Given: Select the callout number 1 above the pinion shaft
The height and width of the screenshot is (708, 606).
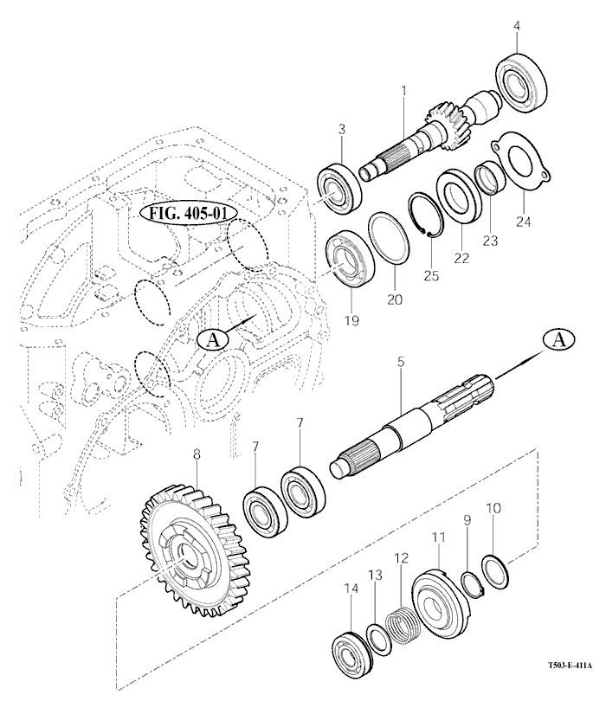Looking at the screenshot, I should click(403, 90).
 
